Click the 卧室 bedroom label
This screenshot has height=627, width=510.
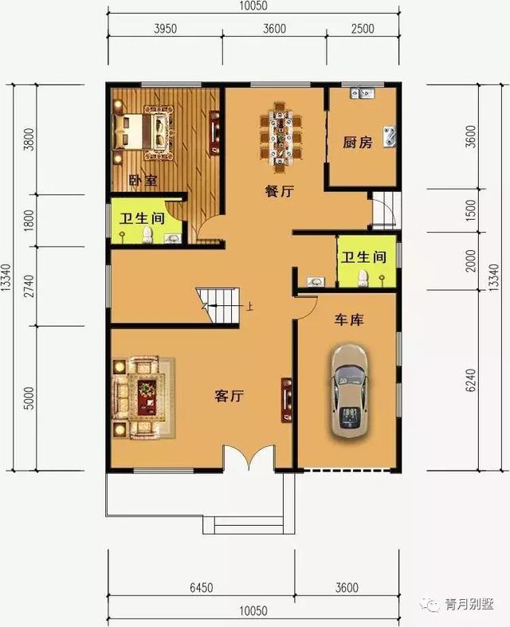[x=143, y=181]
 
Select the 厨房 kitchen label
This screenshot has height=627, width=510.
[x=358, y=143]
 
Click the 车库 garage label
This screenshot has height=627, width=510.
[x=348, y=320]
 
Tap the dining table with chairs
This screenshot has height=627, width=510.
[x=282, y=136]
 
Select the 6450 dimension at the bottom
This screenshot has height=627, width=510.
[x=201, y=588]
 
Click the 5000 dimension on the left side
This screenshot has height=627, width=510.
[x=29, y=396]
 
